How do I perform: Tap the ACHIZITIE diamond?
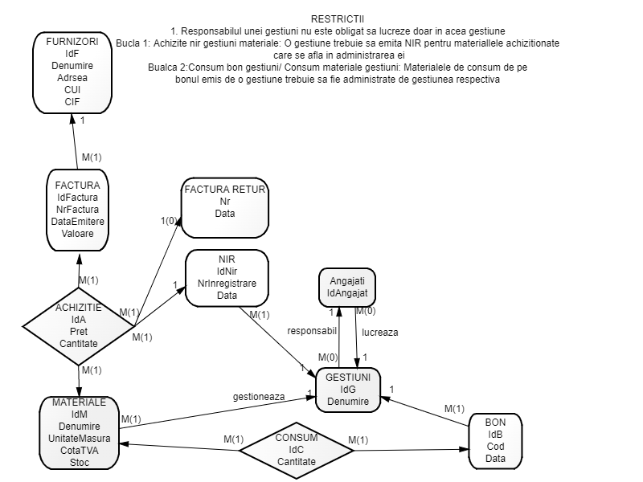click(x=78, y=326)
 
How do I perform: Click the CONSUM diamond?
click(x=296, y=451)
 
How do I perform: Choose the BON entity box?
click(x=495, y=440)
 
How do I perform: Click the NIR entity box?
click(x=226, y=277)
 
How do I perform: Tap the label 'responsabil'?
click(x=311, y=331)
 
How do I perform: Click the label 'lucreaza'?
click(x=380, y=331)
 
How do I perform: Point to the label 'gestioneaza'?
click(x=259, y=396)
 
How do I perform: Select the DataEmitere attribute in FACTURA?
click(x=78, y=221)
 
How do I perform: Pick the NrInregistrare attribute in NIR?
click(x=226, y=284)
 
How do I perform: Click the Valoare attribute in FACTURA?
click(x=78, y=233)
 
